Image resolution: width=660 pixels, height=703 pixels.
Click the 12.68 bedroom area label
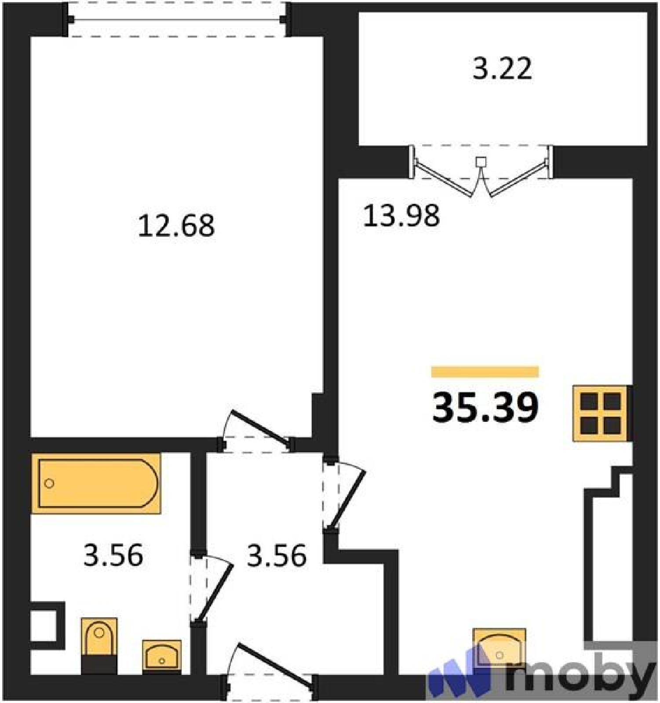[x=176, y=225]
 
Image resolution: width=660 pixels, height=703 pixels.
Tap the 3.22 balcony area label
[x=502, y=68]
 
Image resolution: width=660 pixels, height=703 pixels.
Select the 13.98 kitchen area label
[x=401, y=216]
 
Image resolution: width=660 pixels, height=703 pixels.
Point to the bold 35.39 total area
[x=485, y=407]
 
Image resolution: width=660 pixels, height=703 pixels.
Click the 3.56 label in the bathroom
[x=113, y=555]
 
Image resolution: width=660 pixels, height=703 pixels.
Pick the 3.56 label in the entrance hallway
[x=277, y=555]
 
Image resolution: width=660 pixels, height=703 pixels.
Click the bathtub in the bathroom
[x=96, y=483]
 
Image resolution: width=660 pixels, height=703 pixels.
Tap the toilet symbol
[x=99, y=645]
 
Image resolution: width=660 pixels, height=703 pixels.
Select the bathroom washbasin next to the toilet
[x=162, y=656]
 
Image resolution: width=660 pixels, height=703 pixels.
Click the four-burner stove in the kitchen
[x=601, y=413]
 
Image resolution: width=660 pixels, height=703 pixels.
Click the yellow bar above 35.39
[x=485, y=372]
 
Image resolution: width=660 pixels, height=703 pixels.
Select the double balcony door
[x=481, y=171]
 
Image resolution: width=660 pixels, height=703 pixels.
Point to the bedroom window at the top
[x=178, y=19]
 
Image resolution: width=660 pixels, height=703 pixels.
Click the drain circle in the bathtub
[x=49, y=483]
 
